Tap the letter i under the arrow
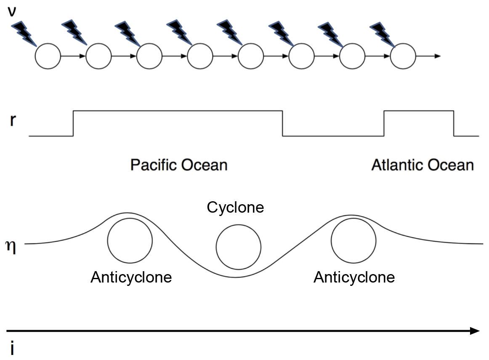tap(12, 349)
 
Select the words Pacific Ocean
tap(179, 165)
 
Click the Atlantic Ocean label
tap(423, 165)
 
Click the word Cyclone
tap(235, 207)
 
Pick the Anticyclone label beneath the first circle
tap(131, 277)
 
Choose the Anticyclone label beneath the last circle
tap(354, 277)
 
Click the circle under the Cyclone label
tap(238, 247)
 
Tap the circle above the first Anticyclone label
tap(130, 240)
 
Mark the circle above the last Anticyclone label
tap(353, 240)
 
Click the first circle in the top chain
tap(48, 56)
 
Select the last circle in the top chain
tap(403, 56)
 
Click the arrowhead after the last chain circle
tap(438, 56)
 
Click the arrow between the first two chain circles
tap(73, 56)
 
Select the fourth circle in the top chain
tap(200, 56)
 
